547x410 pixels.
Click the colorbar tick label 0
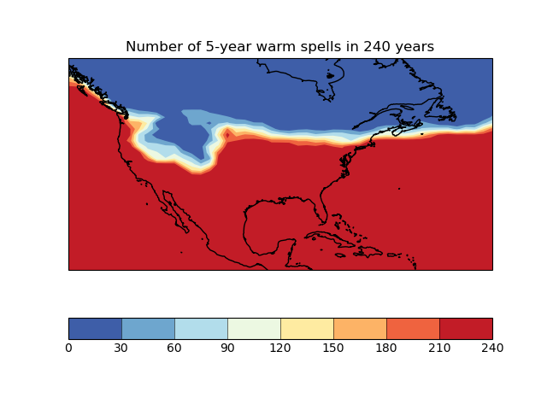coord(68,348)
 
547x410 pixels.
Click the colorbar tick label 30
coord(121,348)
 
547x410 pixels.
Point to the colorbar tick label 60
coord(174,348)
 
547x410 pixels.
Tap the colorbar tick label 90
coord(227,348)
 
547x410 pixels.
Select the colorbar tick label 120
coord(280,348)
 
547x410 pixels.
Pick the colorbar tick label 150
coord(333,348)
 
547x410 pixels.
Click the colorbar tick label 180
coord(386,348)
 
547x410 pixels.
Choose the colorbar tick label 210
coord(439,348)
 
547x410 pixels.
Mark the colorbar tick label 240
coord(492,348)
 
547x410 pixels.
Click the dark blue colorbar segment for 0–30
coord(95,329)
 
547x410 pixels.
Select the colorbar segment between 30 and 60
coord(148,329)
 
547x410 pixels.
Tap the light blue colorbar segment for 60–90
coord(201,329)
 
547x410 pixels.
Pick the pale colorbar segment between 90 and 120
coord(254,329)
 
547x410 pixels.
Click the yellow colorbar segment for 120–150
coord(307,329)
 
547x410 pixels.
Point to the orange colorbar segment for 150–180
coord(360,329)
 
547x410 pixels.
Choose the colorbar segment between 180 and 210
coord(413,329)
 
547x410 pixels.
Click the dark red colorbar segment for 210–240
coord(466,329)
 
